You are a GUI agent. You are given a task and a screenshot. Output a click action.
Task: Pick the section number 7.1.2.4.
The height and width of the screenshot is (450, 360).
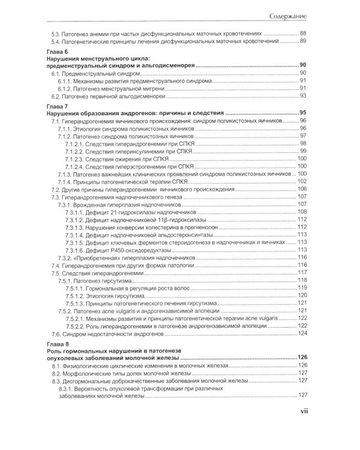pyautogui.click(x=78, y=166)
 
